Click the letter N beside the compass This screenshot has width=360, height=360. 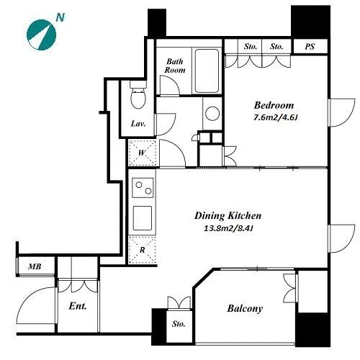(x=60, y=17)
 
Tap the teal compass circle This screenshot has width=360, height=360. (x=41, y=35)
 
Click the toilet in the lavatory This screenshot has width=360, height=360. (x=138, y=94)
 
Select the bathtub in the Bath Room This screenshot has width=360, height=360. (x=207, y=71)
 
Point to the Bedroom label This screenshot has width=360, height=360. (x=274, y=105)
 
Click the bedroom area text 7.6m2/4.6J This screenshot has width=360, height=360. (x=276, y=117)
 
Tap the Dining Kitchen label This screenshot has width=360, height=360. (x=228, y=215)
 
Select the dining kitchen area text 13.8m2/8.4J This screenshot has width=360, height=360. (x=228, y=228)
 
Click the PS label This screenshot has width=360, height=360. (x=310, y=47)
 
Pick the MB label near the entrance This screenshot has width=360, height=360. (x=35, y=266)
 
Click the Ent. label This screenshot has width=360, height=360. (x=78, y=306)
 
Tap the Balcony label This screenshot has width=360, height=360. (x=245, y=309)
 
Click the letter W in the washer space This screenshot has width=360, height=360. (x=142, y=153)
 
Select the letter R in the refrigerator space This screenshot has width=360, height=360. (x=143, y=250)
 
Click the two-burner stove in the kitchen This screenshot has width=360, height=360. (x=143, y=188)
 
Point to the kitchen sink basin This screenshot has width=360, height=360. (x=143, y=218)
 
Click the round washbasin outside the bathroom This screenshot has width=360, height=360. (x=212, y=113)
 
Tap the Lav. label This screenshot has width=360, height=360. (x=138, y=124)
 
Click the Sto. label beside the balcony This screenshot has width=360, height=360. (x=179, y=324)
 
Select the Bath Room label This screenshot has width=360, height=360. (x=175, y=66)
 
